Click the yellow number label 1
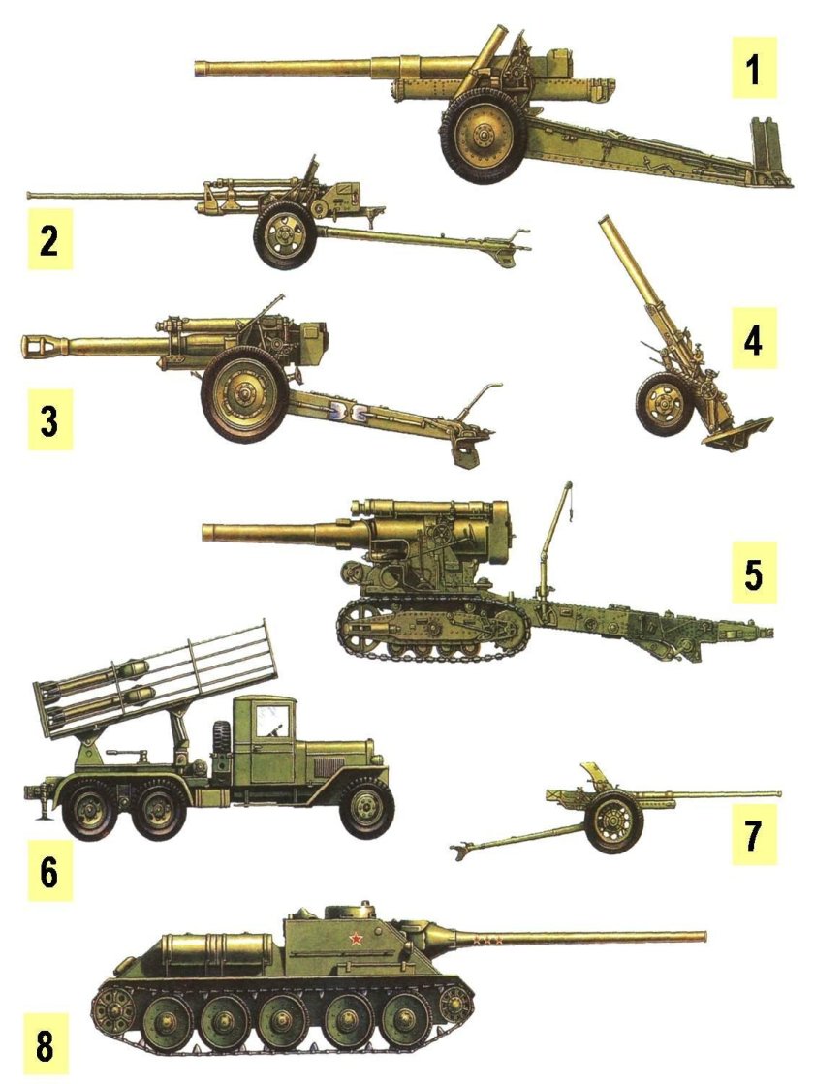(x=753, y=68)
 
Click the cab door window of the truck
(x=269, y=722)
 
